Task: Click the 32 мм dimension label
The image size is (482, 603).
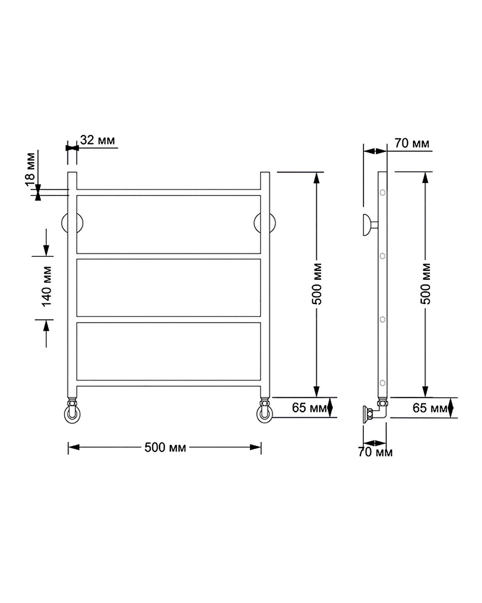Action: pos(97,140)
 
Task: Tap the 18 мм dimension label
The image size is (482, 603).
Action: pos(30,169)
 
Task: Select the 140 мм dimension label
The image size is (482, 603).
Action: pos(47,286)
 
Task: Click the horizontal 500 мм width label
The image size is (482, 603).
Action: pos(165,447)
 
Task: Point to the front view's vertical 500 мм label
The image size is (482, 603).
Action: pos(316,284)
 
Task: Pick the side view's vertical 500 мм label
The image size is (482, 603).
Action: pos(426,284)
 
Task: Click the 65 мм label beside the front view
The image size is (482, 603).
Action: pos(309,408)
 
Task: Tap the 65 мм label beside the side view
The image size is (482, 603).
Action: pos(430,408)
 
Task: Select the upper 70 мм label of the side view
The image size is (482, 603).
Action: pos(412,143)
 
